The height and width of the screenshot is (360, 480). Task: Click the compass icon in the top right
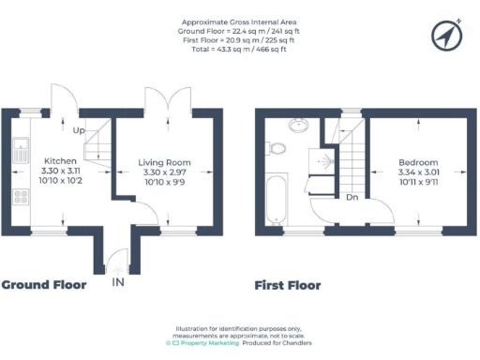coord(448,35)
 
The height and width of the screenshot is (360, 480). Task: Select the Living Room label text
coord(165,161)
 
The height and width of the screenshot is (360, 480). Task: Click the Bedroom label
coord(418,161)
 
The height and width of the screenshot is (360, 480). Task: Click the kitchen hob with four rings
coord(20,197)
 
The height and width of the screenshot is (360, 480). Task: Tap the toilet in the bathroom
coord(277,148)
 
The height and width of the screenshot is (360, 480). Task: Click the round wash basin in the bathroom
coord(299,125)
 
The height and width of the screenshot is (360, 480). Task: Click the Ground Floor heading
coord(44,285)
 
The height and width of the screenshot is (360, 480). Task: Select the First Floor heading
coord(288,285)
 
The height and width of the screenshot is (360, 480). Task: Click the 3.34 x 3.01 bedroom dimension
coord(418,173)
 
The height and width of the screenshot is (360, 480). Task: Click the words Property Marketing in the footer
coord(206,344)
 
